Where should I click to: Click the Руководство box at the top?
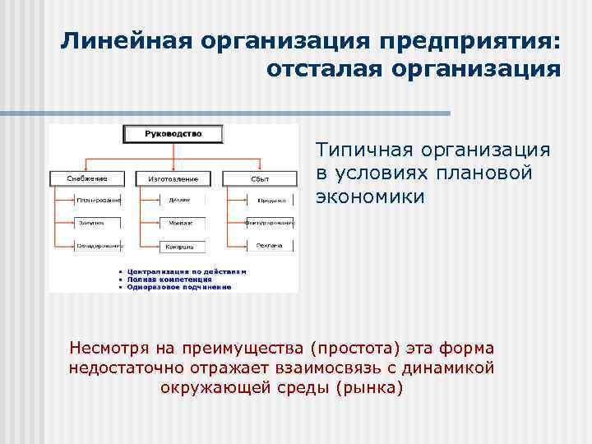coord(173,133)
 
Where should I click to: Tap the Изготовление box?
coord(173,178)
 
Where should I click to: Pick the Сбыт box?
coord(260,178)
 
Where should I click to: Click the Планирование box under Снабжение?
coord(99,200)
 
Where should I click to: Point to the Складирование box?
coord(99,245)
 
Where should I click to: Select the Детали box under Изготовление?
coord(180,200)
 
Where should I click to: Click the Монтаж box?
coord(180,222)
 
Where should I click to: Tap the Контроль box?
coord(180,245)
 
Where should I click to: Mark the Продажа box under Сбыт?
coord(271,200)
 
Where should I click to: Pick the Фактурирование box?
coord(271,222)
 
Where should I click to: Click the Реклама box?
coord(271,245)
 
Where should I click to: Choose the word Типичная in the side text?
coord(363,150)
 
